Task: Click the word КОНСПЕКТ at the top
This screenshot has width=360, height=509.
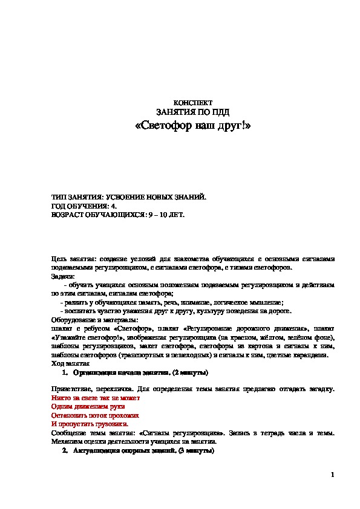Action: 192,103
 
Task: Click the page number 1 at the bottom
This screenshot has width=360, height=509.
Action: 333,475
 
